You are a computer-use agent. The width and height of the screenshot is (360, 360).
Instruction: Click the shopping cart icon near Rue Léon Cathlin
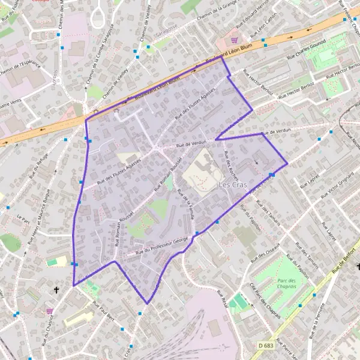[x=235, y=40]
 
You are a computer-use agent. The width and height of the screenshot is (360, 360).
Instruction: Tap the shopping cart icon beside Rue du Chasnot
[x=49, y=311]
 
